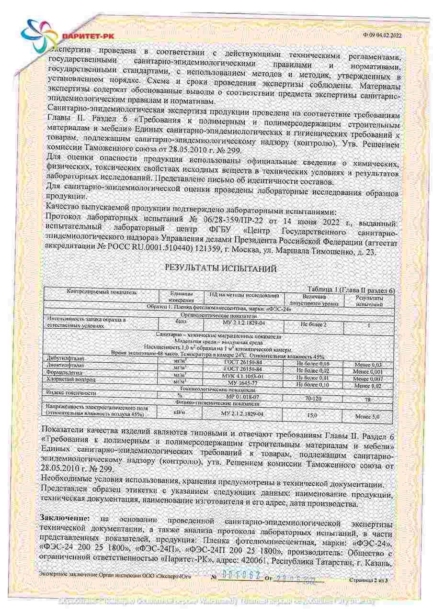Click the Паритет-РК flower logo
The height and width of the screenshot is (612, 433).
click(36, 34)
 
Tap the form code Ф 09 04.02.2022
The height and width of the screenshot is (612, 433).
click(382, 34)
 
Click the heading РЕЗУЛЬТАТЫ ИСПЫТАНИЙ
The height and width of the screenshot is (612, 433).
click(221, 269)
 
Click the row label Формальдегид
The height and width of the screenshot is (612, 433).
click(62, 372)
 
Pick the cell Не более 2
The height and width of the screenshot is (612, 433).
click(313, 324)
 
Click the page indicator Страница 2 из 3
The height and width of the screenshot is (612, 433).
click(371, 579)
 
